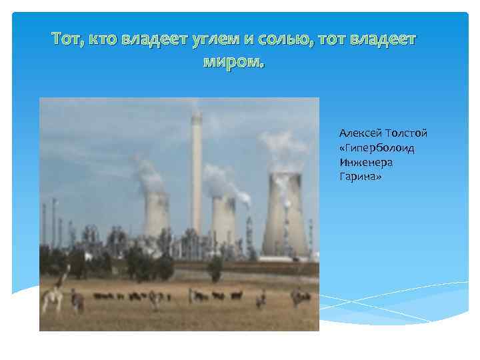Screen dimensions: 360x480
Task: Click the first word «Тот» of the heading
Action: [x=68, y=39]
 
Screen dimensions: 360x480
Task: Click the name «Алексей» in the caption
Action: [x=359, y=133]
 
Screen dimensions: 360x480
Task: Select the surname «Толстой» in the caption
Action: [x=404, y=133]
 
